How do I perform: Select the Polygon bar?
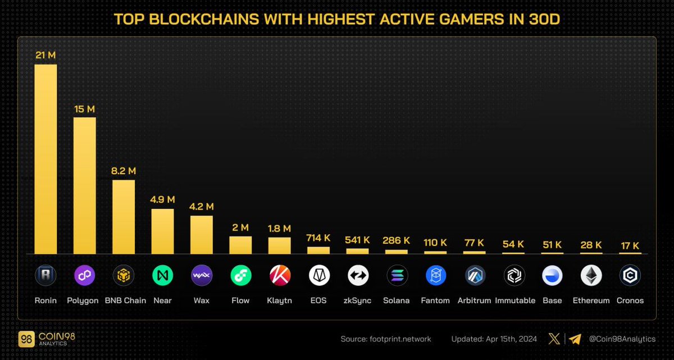(85, 185)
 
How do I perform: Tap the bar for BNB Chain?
(124, 217)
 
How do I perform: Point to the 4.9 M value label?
(162, 199)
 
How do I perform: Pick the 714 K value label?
(318, 238)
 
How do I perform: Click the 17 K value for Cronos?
(630, 245)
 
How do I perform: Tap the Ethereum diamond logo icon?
(591, 275)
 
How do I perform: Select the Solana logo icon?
(397, 275)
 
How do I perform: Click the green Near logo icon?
(162, 275)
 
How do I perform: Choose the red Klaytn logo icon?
(279, 275)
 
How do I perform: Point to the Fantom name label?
(435, 300)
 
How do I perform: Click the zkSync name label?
(357, 300)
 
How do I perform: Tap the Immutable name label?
(515, 300)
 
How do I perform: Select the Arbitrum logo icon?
(475, 275)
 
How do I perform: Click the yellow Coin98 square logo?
(25, 339)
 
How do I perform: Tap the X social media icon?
(554, 339)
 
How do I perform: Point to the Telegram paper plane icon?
(575, 339)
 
